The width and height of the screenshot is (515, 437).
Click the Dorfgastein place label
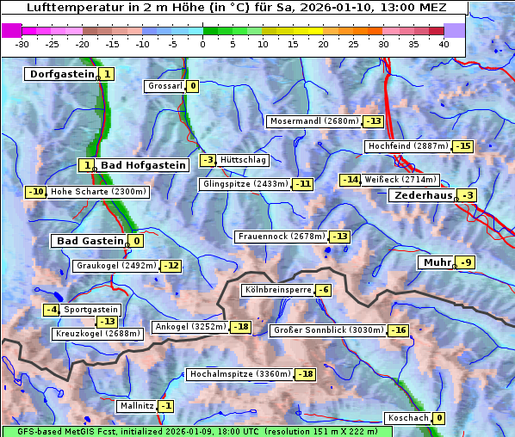pos(61,74)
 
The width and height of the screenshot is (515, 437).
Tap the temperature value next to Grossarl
pos(193,86)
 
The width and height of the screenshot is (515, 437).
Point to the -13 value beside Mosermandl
pos(374,121)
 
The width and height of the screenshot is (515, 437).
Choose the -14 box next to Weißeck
pos(350,180)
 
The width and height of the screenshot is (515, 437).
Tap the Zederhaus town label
pos(423,195)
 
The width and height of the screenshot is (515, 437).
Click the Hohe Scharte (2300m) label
pos(98,192)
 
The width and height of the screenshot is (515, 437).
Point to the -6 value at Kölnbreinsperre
pos(323,290)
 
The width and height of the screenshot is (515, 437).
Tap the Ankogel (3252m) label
pos(190,327)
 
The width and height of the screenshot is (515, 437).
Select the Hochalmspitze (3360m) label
pos(239,374)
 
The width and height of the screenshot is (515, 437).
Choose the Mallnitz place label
pos(136,406)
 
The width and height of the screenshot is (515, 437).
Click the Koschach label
pos(407,418)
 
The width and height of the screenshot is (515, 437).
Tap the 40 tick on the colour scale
pos(444,44)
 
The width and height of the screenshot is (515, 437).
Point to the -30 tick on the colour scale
pos(22,44)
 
